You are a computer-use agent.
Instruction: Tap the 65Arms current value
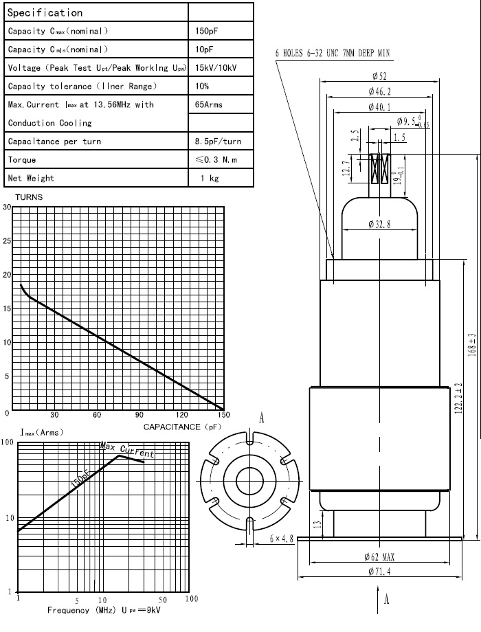209,104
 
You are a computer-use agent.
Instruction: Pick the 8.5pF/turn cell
218,142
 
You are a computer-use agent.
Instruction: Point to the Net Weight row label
31,178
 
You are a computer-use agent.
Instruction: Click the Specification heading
45,12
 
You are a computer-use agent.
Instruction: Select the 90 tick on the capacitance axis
139,415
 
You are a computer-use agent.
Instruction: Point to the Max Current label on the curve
127,451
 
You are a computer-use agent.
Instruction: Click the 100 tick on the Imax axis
8,443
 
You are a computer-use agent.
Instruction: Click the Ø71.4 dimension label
379,572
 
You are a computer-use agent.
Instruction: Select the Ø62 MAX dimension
379,556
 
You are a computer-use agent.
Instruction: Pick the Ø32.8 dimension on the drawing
379,224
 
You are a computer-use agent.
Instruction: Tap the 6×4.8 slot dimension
281,539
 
